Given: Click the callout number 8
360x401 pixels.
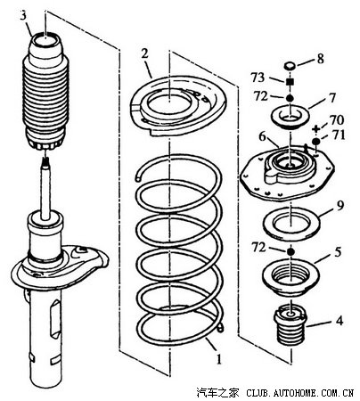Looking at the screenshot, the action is (320, 59).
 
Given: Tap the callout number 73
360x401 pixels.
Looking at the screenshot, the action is (258, 78).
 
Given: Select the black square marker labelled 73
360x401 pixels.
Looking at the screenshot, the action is (290, 82).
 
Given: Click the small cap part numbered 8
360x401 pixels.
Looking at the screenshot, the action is (290, 65).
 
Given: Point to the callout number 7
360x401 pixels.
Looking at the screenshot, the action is (331, 97).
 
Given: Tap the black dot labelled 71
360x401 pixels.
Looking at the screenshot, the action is (316, 141).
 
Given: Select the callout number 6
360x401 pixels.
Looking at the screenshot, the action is (263, 136).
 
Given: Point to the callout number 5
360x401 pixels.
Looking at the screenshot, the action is (338, 252).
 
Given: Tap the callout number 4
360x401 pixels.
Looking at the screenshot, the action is (340, 321).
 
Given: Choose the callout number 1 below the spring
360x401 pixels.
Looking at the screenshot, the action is (219, 359).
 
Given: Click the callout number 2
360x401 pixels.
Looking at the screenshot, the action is (144, 53).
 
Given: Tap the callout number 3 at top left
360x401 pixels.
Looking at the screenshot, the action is (23, 16).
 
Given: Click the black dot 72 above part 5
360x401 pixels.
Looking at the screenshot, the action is (290, 252).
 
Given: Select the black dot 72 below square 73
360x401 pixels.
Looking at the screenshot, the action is (290, 98).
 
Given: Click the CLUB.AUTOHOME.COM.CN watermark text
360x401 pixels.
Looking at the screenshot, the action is (300, 393).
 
